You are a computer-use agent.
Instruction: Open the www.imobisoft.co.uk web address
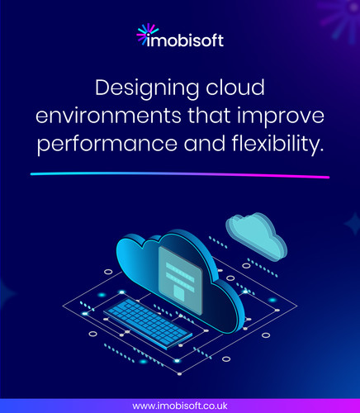180,406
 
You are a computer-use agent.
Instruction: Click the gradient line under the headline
180,175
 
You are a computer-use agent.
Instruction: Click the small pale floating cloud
256,234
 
